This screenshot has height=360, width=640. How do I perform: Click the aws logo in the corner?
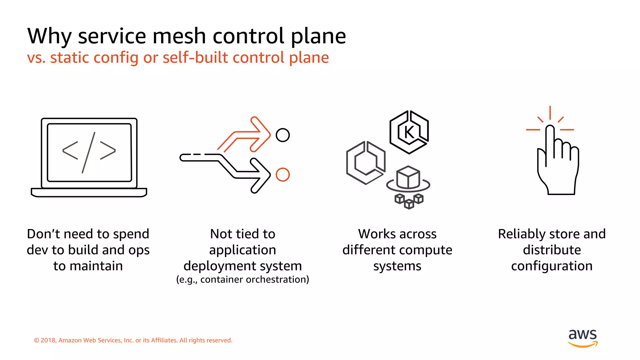pyautogui.click(x=582, y=337)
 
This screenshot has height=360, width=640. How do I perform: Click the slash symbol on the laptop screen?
pyautogui.click(x=89, y=152)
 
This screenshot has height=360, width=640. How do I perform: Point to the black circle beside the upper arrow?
pyautogui.click(x=282, y=135)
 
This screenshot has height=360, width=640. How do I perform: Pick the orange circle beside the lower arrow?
pyautogui.click(x=282, y=174)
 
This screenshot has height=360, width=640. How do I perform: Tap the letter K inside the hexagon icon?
pyautogui.click(x=409, y=132)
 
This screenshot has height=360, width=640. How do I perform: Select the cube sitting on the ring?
pyautogui.click(x=408, y=177)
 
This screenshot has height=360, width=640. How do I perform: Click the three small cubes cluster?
pyautogui.click(x=409, y=201)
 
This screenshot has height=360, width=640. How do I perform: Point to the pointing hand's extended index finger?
pyautogui.click(x=550, y=144)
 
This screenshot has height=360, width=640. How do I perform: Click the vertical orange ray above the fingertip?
pyautogui.click(x=550, y=112)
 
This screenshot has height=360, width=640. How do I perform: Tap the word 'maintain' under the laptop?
pyautogui.click(x=96, y=266)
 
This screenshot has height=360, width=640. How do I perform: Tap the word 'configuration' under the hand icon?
pyautogui.click(x=552, y=266)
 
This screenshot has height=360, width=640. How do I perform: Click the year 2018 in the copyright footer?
pyautogui.click(x=48, y=340)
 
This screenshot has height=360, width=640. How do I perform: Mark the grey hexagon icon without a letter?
pyautogui.click(x=366, y=162)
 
